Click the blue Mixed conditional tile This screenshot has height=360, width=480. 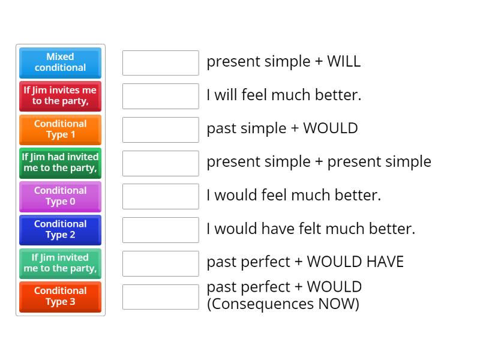(x=60, y=62)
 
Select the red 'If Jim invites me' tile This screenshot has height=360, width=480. (x=60, y=96)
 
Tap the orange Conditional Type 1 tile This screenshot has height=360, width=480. (x=60, y=130)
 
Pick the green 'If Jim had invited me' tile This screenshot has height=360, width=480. (x=60, y=163)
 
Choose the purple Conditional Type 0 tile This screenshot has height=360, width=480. (x=60, y=196)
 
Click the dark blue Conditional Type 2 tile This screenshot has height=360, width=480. (x=60, y=230)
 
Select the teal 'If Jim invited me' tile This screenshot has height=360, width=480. (x=60, y=263)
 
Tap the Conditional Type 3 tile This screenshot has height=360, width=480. (x=60, y=296)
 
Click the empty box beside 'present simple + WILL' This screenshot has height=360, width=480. (x=160, y=62)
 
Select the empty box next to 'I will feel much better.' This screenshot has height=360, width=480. (x=160, y=96)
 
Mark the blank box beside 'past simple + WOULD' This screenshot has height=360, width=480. (x=160, y=130)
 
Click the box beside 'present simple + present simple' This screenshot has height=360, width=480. (x=160, y=163)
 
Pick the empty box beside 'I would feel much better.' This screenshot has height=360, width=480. (x=160, y=196)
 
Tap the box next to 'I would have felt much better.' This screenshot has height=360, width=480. (x=160, y=230)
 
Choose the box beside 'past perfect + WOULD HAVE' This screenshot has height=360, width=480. (x=160, y=263)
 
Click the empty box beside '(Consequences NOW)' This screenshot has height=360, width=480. (x=160, y=296)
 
